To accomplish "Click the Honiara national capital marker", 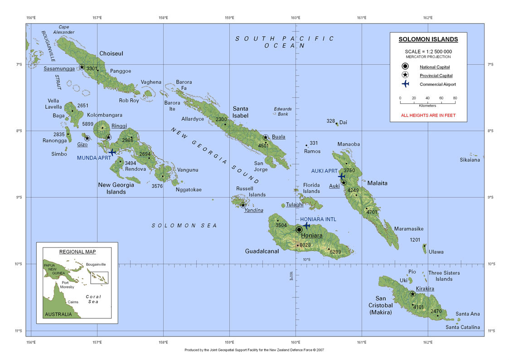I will click(299, 230).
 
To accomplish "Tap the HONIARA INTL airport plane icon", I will click(307, 225).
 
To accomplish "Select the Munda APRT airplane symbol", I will click(112, 152).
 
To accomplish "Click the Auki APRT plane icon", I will click(341, 176).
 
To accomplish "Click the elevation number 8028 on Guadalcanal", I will click(305, 245).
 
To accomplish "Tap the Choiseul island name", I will click(111, 54).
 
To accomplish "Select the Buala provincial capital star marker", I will click(266, 137).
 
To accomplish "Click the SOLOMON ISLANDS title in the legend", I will click(428, 39).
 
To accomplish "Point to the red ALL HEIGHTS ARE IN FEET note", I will click(428, 115).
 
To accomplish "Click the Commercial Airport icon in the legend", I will click(405, 84).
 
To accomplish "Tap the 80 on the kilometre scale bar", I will click(455, 98).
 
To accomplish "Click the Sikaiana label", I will click(470, 160).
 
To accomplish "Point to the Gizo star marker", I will click(87, 138).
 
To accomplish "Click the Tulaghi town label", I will click(295, 204).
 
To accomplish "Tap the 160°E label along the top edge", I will click(296, 18).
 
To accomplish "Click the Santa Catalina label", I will click(462, 327).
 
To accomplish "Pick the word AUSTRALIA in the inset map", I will click(58, 314).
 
